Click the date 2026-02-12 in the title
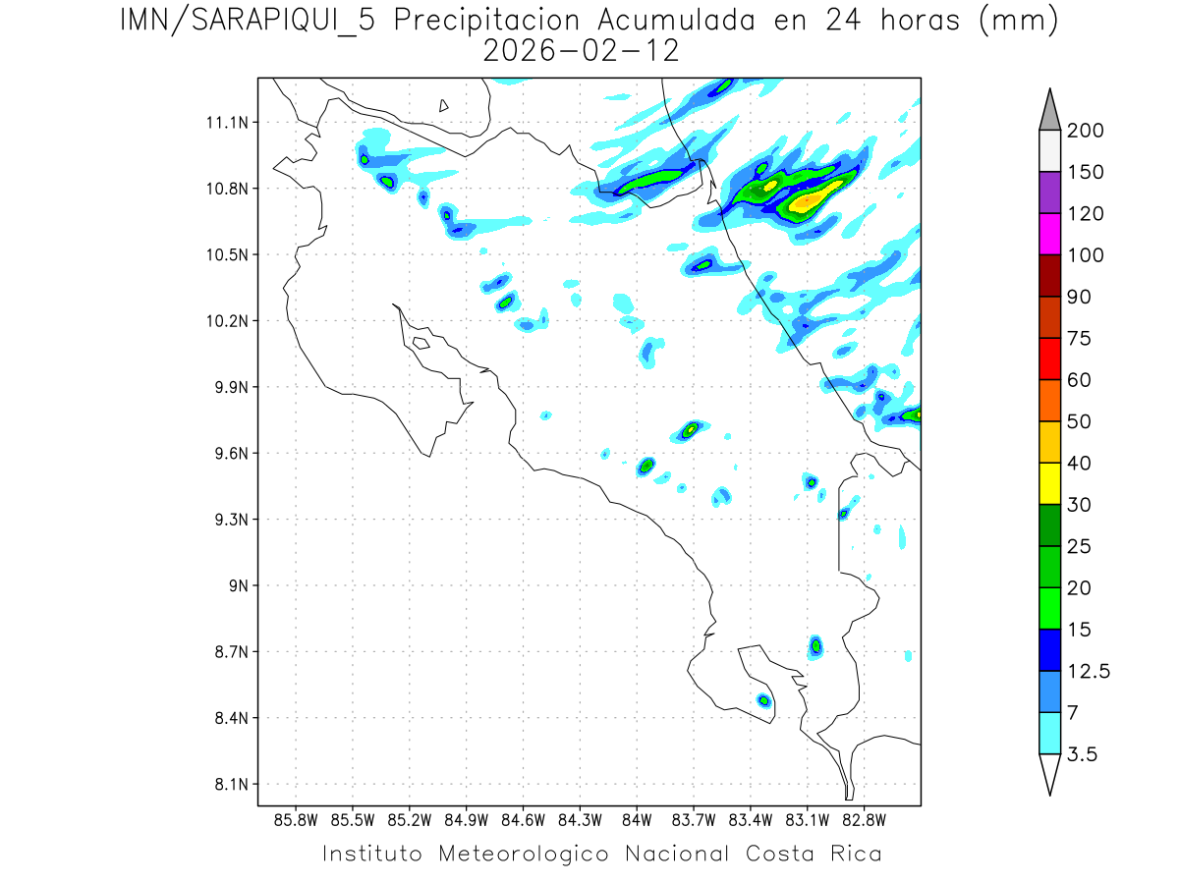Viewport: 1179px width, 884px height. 582,51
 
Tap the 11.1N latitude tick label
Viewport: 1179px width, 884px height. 225,123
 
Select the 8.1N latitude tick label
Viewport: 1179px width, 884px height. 225,785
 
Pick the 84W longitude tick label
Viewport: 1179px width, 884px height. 637,819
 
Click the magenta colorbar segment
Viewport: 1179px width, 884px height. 1049,234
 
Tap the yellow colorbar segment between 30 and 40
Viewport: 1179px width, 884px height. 1049,483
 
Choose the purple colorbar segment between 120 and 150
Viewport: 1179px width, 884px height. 1049,193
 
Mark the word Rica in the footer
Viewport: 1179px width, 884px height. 856,854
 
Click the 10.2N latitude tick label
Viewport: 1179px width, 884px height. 225,321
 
